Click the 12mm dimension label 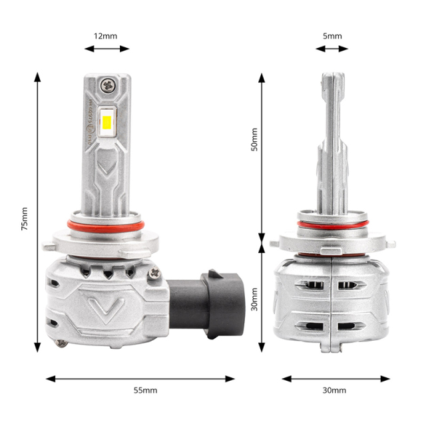point(106,35)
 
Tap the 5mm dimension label point(332,35)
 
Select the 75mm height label point(25,218)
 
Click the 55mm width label point(140,390)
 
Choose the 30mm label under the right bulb point(333,390)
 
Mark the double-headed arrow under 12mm point(106,48)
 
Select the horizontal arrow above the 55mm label point(140,378)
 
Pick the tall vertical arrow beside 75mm point(37,213)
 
